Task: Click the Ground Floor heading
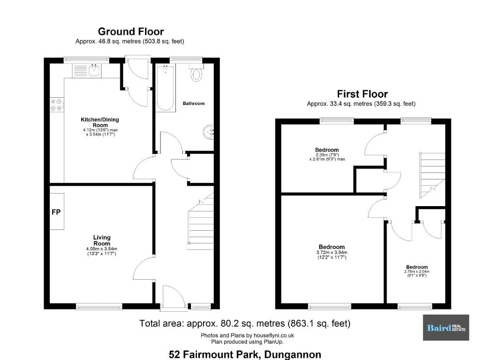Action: [131, 31]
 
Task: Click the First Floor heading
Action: [363, 94]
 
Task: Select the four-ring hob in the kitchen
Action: [57, 105]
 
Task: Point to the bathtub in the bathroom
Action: [166, 88]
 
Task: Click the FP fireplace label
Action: [56, 212]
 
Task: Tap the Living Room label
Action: [102, 240]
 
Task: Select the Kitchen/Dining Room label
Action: [100, 122]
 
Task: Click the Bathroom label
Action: [193, 104]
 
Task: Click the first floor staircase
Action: [432, 175]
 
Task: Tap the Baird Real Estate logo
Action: [446, 328]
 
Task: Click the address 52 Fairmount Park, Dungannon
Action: [245, 355]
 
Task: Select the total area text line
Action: [245, 324]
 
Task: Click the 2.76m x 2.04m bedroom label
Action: [417, 271]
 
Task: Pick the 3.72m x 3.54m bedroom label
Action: [332, 252]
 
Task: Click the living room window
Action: [99, 306]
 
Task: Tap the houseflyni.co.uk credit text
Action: [247, 335]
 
